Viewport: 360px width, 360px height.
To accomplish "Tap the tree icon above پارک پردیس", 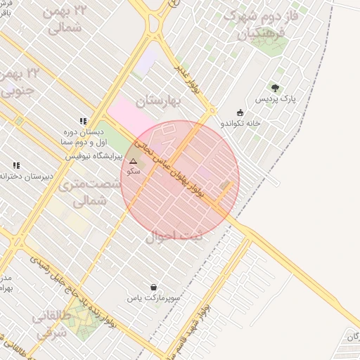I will click(275, 88).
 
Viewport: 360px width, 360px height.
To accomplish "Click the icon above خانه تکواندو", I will click(240, 112).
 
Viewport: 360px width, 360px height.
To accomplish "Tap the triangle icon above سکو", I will click(133, 161).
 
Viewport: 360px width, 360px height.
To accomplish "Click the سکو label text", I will click(132, 171).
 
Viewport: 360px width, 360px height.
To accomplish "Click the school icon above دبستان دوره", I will click(84, 121).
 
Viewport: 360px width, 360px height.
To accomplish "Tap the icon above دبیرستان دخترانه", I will click(16, 165).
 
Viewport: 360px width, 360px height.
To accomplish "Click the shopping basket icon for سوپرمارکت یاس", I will click(154, 287).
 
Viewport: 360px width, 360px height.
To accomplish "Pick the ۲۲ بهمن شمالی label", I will click(67, 19).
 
